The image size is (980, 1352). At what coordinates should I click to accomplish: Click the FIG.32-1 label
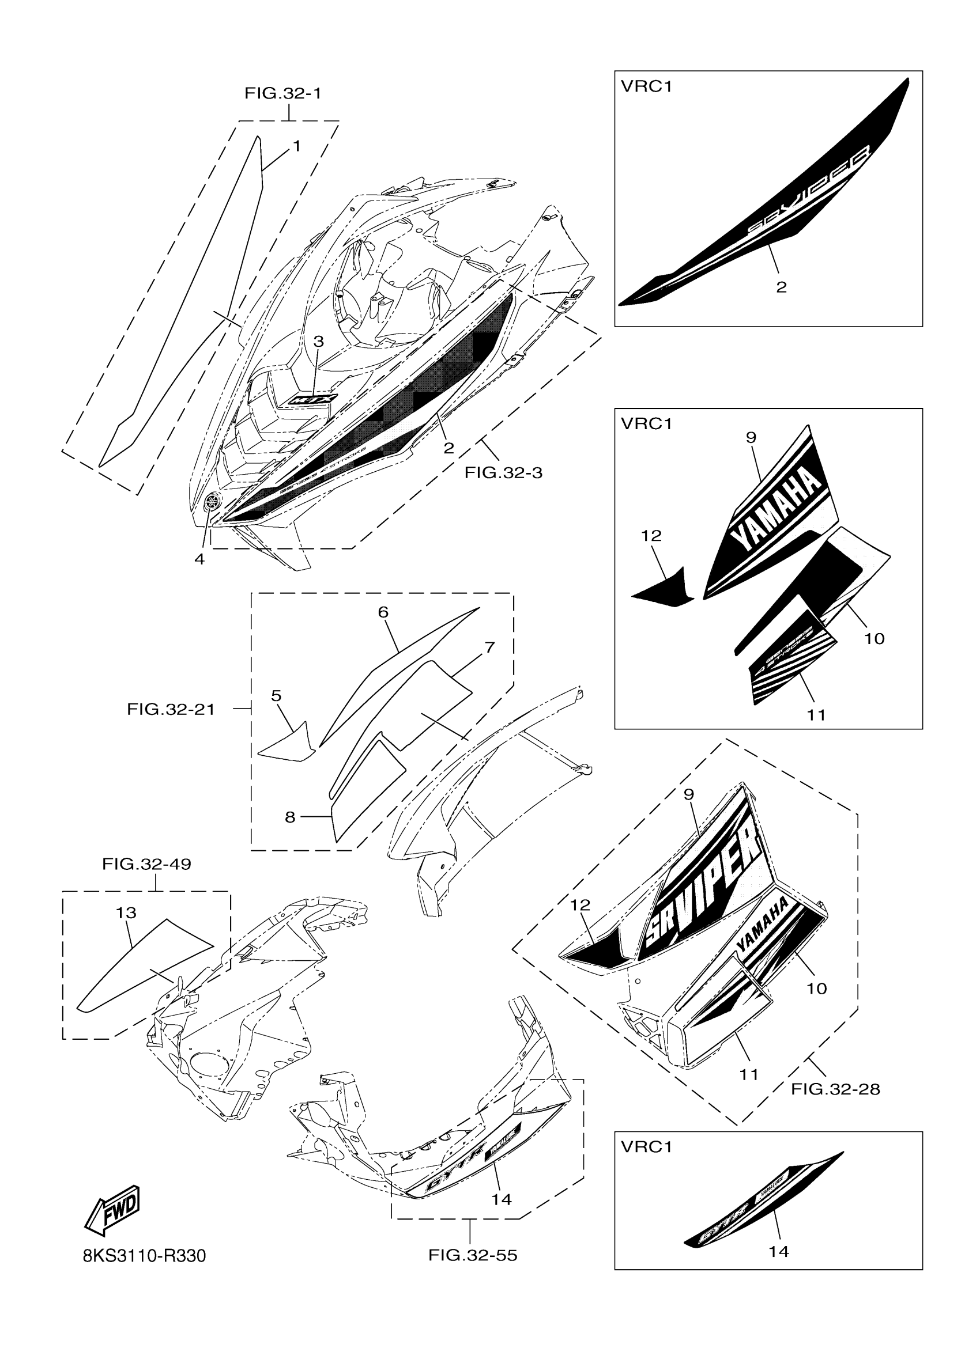[x=282, y=93]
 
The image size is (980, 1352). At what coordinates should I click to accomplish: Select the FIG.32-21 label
[x=171, y=709]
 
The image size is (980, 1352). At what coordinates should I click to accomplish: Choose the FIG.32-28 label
[x=835, y=1089]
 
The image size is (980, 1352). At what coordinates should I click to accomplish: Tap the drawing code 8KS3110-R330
[x=144, y=1256]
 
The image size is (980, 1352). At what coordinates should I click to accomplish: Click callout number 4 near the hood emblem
[x=199, y=559]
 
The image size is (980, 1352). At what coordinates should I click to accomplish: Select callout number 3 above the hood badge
[x=319, y=342]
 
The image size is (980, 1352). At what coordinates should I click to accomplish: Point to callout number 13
[x=126, y=912]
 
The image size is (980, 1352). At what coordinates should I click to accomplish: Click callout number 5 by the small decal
[x=276, y=696]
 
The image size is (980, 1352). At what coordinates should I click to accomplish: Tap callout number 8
[x=290, y=817]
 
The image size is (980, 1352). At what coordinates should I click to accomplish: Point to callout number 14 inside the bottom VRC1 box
[x=779, y=1251]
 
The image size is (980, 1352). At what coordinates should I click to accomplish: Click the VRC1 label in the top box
[x=646, y=86]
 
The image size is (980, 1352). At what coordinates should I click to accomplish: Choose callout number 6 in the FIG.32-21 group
[x=383, y=612]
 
